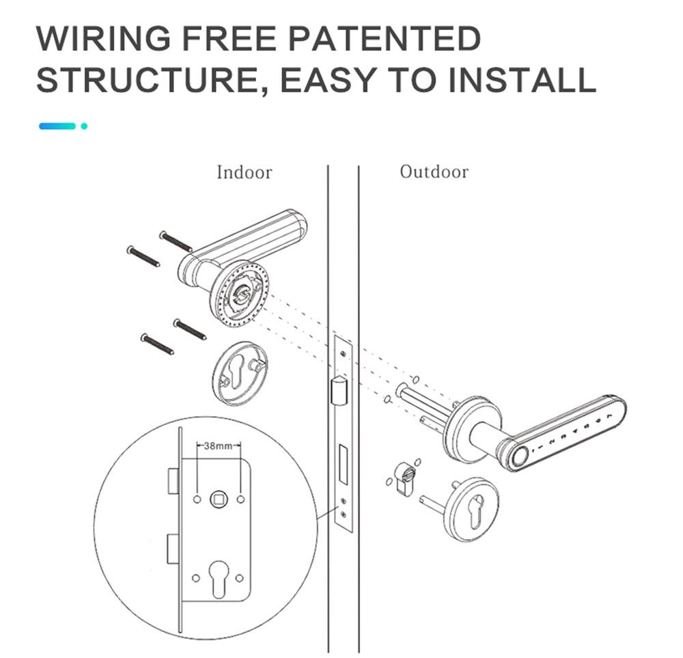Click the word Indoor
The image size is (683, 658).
pyautogui.click(x=244, y=172)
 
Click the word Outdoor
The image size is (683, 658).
pyautogui.click(x=434, y=172)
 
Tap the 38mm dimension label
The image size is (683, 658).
pyautogui.click(x=218, y=445)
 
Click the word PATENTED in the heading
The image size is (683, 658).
pyautogui.click(x=388, y=39)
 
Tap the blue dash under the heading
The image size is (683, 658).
pyautogui.click(x=57, y=126)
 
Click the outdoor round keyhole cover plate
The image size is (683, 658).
pyautogui.click(x=471, y=510)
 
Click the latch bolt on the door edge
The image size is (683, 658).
pyautogui.click(x=336, y=392)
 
